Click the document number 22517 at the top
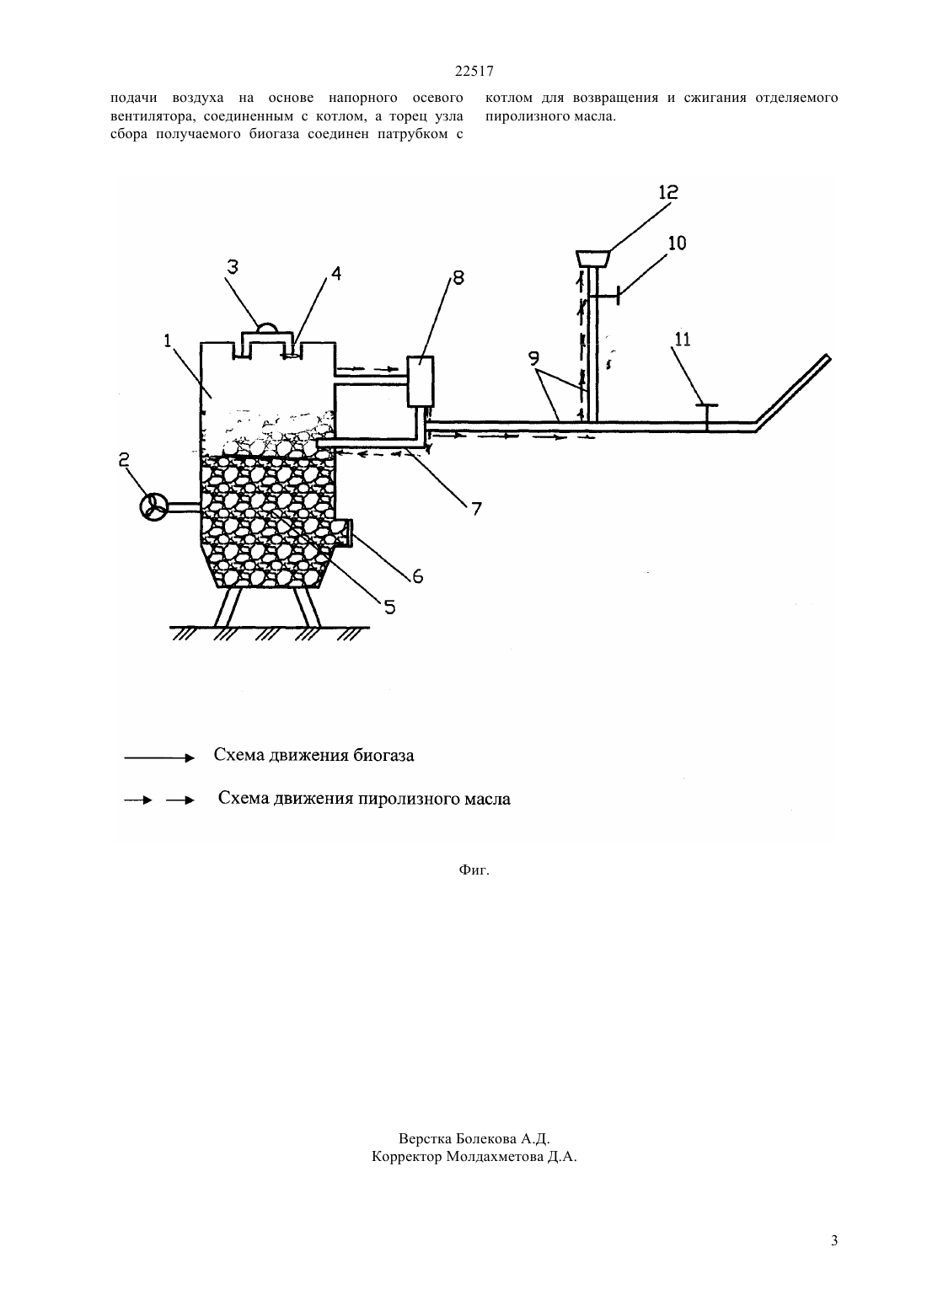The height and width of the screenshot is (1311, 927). coord(474,72)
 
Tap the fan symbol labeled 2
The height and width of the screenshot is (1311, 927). coord(154,506)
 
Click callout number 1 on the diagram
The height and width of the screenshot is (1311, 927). coord(168,340)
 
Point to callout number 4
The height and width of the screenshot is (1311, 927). coord(336,273)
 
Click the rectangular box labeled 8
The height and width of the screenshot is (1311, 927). coord(421,381)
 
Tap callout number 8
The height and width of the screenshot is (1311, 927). coord(458,277)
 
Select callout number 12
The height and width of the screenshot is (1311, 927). coord(668,192)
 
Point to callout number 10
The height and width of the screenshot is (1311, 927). coord(677,243)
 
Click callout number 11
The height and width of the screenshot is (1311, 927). coord(683,339)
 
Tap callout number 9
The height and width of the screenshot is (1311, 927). coord(533,358)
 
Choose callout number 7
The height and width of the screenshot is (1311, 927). coord(476,509)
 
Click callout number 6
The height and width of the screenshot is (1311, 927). coord(417,576)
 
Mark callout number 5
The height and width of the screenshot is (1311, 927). coord(389,607)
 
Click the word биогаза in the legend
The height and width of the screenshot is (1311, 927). coord(383,755)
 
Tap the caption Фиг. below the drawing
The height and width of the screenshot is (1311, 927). coord(474,870)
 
